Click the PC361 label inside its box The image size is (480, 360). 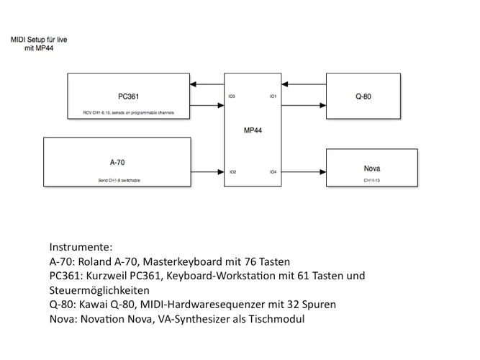128,96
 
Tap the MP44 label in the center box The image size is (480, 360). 252,132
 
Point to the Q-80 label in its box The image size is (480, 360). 363,96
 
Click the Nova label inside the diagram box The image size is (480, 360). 372,168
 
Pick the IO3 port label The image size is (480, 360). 232,96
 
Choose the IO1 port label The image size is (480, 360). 273,96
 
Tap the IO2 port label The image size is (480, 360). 232,172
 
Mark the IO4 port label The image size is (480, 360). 273,172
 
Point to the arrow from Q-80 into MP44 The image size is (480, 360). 303,85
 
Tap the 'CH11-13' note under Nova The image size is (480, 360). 372,180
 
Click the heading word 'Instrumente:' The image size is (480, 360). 81,246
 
